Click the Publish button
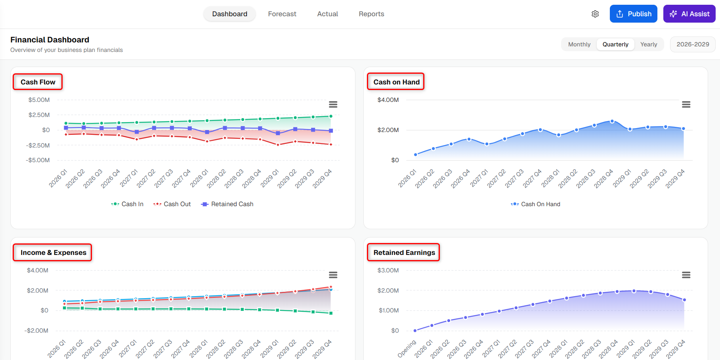click(x=633, y=14)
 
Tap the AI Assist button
click(x=689, y=14)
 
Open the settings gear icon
click(x=595, y=14)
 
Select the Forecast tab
click(x=282, y=14)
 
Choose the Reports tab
click(x=371, y=14)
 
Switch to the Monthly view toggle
click(x=579, y=44)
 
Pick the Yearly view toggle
click(x=649, y=44)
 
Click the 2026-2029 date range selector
click(x=693, y=44)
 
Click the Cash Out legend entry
click(x=172, y=204)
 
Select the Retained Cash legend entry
click(x=227, y=204)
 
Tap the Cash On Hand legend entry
click(x=535, y=204)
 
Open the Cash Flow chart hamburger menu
click(x=333, y=104)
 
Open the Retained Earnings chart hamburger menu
click(x=686, y=275)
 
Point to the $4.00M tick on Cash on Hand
click(x=388, y=100)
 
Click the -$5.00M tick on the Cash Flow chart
click(x=38, y=160)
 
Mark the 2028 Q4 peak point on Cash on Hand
click(x=612, y=121)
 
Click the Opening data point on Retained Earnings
click(x=415, y=331)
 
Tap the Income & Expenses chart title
click(x=53, y=253)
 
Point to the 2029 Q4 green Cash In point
click(x=331, y=116)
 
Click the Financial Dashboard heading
click(x=50, y=40)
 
